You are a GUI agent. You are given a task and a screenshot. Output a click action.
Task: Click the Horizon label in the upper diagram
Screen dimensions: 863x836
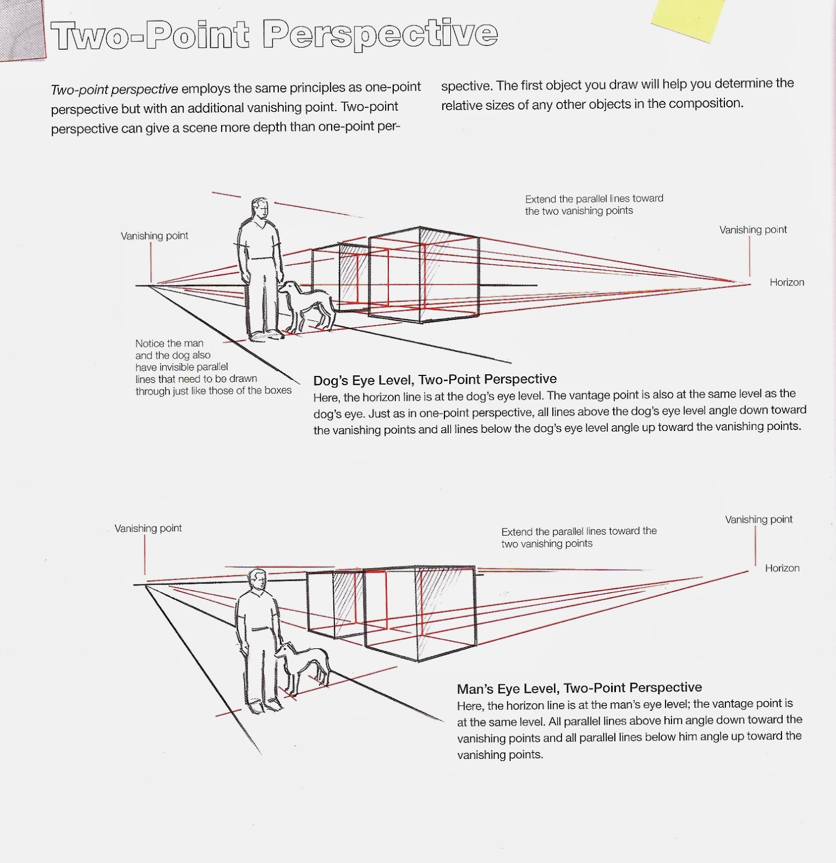(x=786, y=282)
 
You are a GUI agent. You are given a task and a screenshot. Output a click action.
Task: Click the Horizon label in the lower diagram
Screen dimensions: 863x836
(x=782, y=568)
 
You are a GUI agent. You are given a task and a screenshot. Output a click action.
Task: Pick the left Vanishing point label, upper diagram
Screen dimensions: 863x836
(x=154, y=236)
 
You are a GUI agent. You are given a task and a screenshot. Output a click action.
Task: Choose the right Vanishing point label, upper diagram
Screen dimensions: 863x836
(x=752, y=230)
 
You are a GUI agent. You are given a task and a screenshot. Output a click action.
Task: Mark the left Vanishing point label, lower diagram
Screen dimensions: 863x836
(x=148, y=528)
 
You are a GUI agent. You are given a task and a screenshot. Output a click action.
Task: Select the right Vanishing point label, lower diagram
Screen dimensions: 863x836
(x=758, y=519)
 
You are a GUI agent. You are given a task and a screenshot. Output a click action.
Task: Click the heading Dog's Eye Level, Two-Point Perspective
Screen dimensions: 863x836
(x=434, y=379)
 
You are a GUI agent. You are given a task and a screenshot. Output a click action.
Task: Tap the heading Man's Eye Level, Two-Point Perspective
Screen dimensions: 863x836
(x=579, y=688)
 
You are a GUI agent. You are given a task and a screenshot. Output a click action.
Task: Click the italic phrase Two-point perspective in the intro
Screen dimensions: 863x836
(x=114, y=89)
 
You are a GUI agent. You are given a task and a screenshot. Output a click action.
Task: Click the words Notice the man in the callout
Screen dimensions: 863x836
(x=169, y=343)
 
